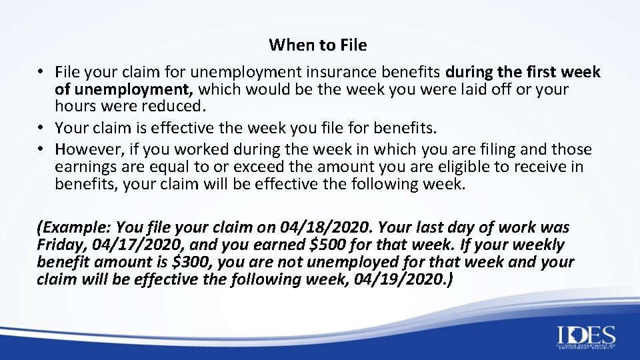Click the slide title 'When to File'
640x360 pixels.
click(317, 45)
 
